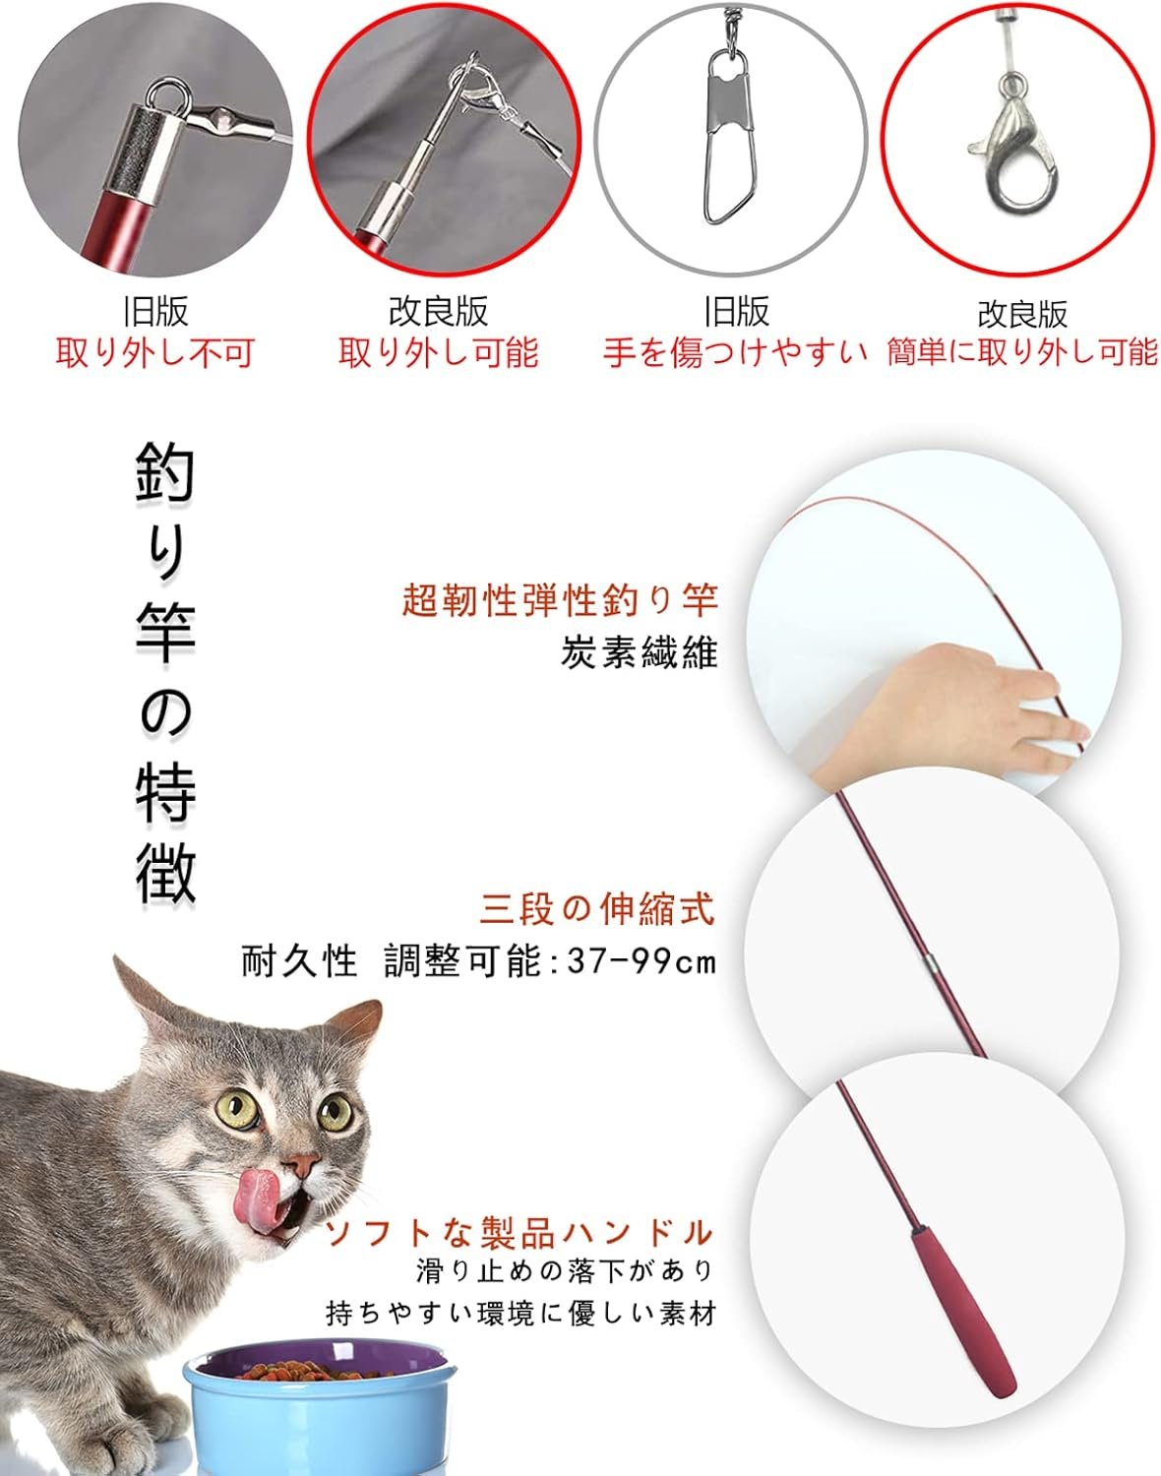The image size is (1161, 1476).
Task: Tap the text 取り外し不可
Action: tap(155, 353)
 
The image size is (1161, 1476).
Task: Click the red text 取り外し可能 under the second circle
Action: tap(438, 353)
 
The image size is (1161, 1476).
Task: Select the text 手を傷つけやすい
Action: tap(735, 353)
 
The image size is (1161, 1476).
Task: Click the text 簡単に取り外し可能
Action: tap(1022, 353)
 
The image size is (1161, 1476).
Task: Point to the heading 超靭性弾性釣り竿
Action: tap(560, 601)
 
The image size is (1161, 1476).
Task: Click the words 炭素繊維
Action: tap(640, 652)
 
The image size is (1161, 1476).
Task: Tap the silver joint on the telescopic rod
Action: tap(930, 963)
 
